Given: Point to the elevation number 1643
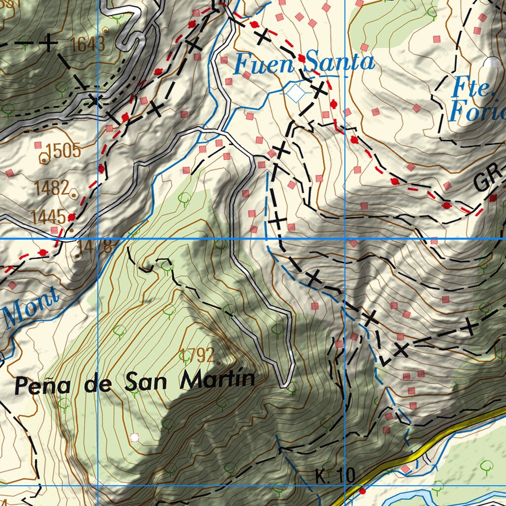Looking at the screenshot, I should coord(88,44).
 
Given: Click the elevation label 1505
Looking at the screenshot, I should coord(63,151).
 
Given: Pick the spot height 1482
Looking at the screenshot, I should coord(52,188).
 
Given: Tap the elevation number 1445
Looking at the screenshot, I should coord(48,216).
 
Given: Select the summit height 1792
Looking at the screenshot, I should coord(198,355).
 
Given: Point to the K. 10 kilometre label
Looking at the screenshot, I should coord(335,476).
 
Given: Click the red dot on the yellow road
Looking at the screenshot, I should coord(362,491).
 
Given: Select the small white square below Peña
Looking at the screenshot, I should coord(134,437).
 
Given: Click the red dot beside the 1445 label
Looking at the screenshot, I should coord(72,217).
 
